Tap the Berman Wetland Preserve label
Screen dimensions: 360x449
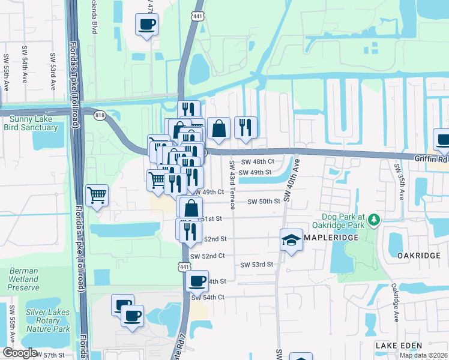coord(23,279)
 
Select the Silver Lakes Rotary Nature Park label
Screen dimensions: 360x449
coord(48,320)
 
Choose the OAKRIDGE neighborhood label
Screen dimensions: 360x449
coord(419,255)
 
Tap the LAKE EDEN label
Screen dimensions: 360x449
coord(399,346)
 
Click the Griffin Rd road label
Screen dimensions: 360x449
coord(431,159)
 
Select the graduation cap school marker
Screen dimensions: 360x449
coord(291,240)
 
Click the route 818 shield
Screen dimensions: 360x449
coord(98,113)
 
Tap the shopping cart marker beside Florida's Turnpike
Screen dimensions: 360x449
coord(97,194)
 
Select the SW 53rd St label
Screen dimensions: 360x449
coord(257,265)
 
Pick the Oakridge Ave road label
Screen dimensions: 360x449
coord(394,304)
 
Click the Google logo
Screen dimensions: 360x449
coord(20,353)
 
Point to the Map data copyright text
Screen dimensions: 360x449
coord(423,355)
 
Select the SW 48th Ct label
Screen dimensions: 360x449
coord(258,161)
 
